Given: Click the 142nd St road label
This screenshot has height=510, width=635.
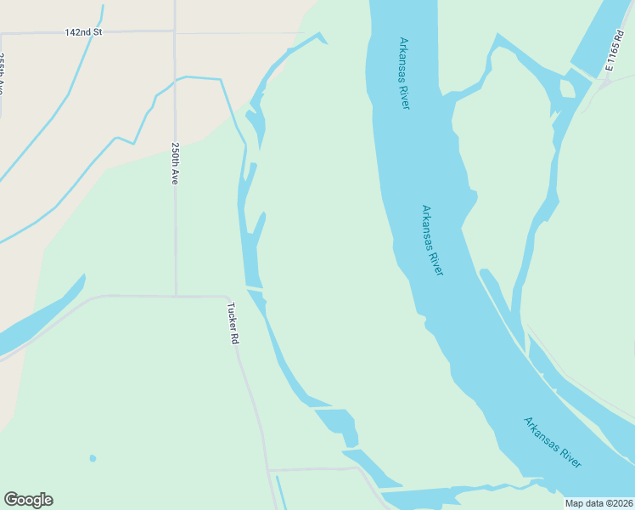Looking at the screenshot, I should click(83, 32).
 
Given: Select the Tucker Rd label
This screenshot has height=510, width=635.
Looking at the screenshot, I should click(233, 323).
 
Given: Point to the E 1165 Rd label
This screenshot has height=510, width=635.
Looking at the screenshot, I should click(615, 51).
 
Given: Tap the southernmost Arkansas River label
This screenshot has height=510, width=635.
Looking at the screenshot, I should click(553, 442).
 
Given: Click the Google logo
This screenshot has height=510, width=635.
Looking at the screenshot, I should click(28, 500).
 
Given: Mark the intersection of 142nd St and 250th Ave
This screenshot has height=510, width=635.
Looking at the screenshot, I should click(174, 32).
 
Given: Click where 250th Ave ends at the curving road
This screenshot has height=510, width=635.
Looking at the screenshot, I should click(176, 296).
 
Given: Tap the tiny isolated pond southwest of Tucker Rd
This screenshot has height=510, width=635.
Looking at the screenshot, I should click(93, 459).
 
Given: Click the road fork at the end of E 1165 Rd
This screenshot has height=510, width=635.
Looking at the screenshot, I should click(604, 82).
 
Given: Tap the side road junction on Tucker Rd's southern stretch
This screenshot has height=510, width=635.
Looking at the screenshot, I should click(269, 469).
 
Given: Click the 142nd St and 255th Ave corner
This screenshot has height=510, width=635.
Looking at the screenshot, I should click(2, 33).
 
